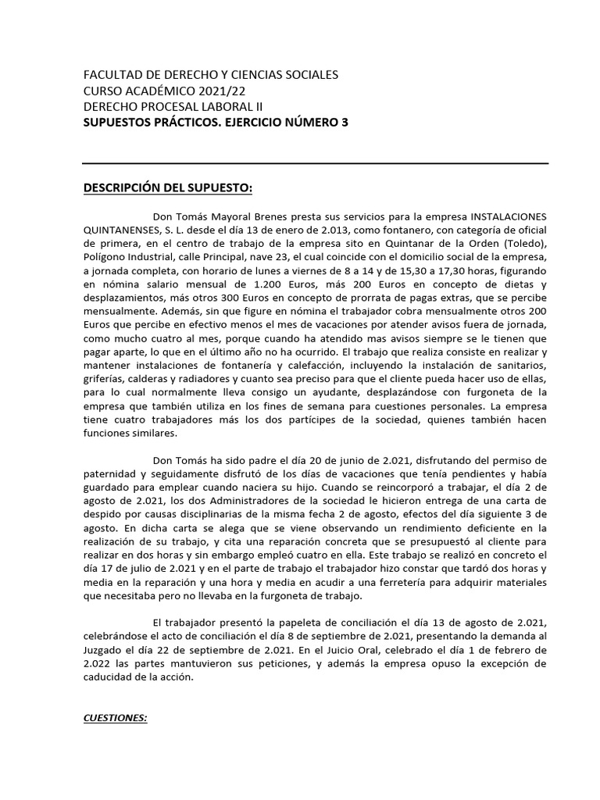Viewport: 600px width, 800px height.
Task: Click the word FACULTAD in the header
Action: [112, 76]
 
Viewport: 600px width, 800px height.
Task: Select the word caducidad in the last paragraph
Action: [115, 678]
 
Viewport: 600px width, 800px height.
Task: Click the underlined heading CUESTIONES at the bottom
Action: [115, 719]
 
